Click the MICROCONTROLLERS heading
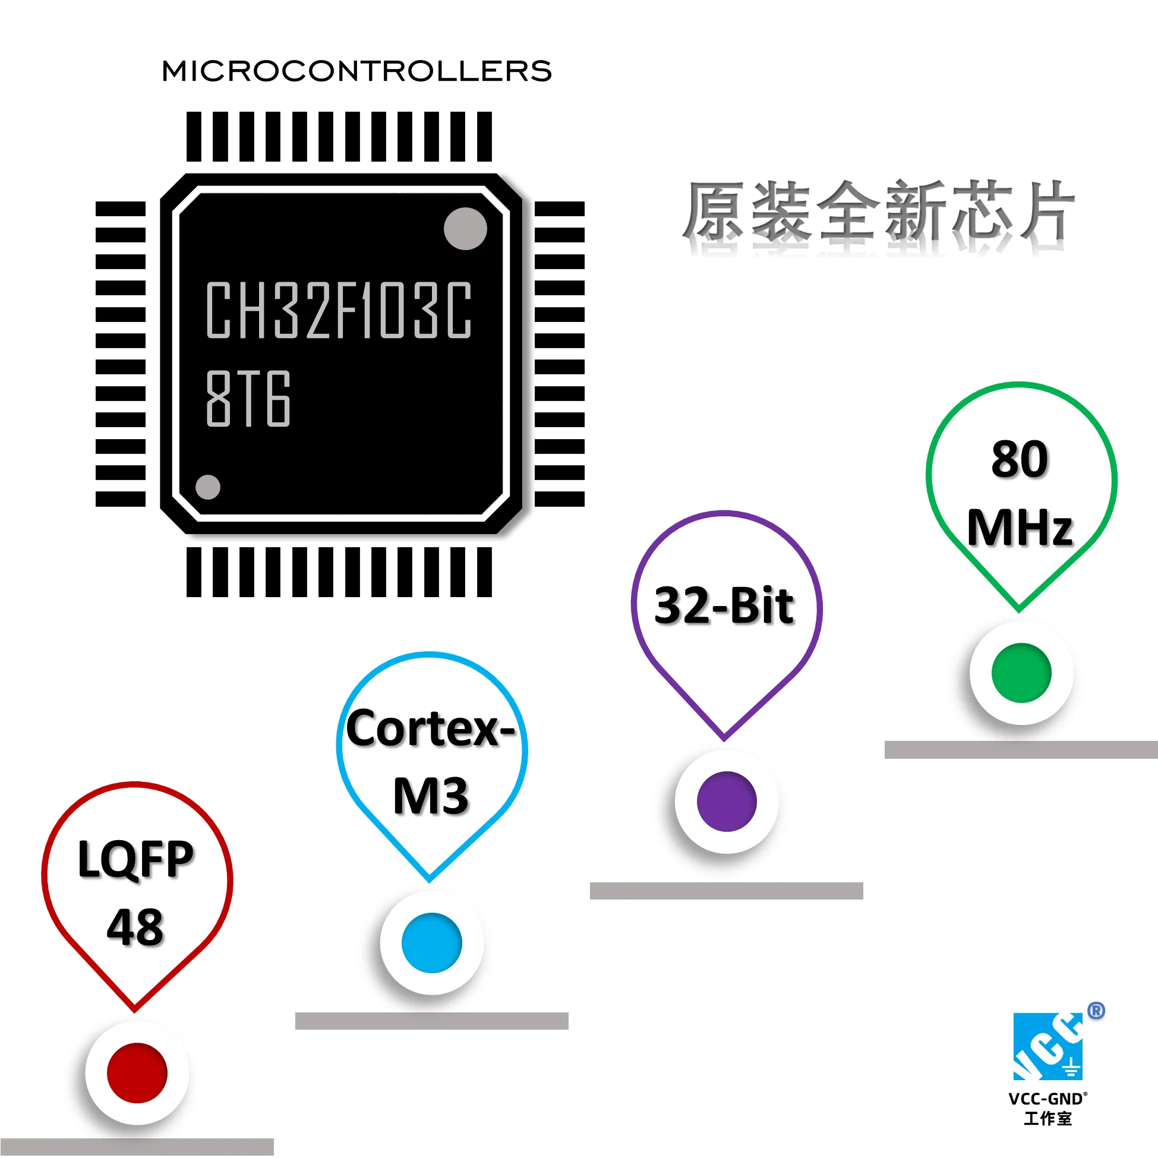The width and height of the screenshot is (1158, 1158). pos(356,71)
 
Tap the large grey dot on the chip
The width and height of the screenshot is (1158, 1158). pos(465,228)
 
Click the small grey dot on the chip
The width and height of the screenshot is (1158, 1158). pos(208,487)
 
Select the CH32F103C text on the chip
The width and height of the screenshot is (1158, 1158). pos(339,310)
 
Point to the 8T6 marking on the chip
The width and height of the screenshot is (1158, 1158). pos(248,399)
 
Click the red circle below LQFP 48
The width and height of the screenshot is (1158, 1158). pos(137,1072)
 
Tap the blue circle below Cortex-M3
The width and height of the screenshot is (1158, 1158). pos(431,942)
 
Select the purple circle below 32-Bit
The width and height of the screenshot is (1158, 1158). pos(727,802)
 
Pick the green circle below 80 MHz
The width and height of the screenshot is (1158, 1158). pos(1021,673)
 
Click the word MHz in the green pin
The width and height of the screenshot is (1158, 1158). pos(1020,528)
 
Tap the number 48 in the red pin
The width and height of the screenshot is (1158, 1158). pos(135,927)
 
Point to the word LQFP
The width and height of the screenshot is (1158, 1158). pos(136,859)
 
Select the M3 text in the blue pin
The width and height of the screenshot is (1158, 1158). pos(430,796)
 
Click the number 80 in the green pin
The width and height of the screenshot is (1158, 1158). pos(1020,459)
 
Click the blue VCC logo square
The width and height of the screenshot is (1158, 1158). pos(1047,1046)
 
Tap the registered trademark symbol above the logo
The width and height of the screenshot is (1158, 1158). pos(1096,1011)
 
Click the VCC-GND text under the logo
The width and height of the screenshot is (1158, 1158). pos(1046,1099)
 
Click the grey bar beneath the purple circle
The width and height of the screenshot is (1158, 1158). pos(726,891)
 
